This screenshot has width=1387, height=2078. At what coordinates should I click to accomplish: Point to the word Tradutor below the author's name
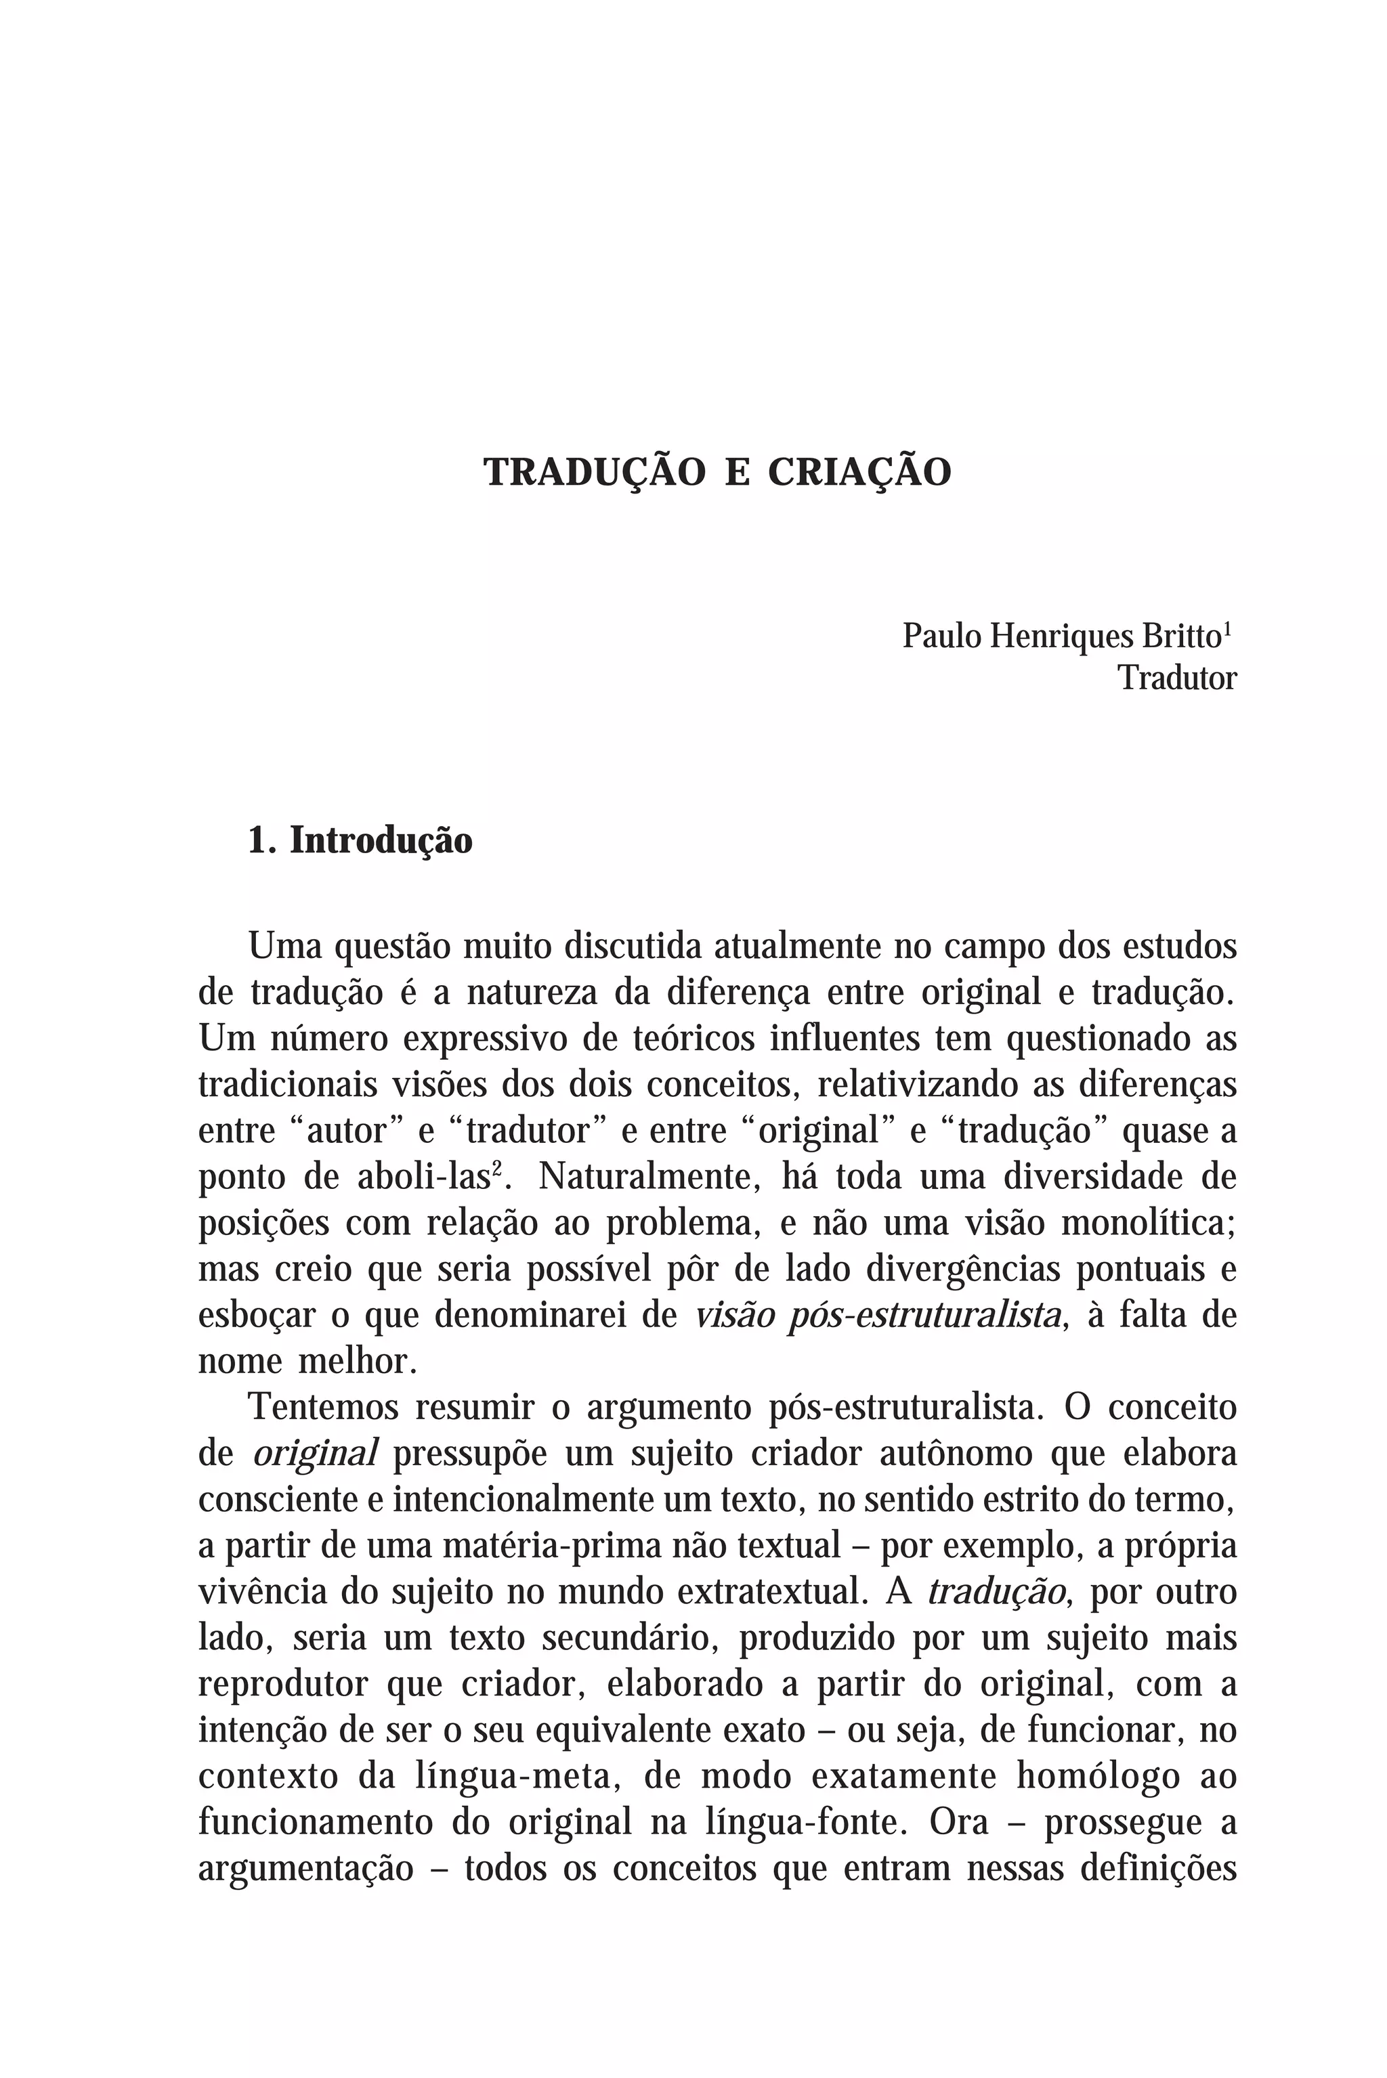pyautogui.click(x=1176, y=679)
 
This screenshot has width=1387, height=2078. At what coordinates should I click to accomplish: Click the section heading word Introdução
pyautogui.click(x=381, y=840)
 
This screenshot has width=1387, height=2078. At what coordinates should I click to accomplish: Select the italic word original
pyautogui.click(x=315, y=1454)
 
